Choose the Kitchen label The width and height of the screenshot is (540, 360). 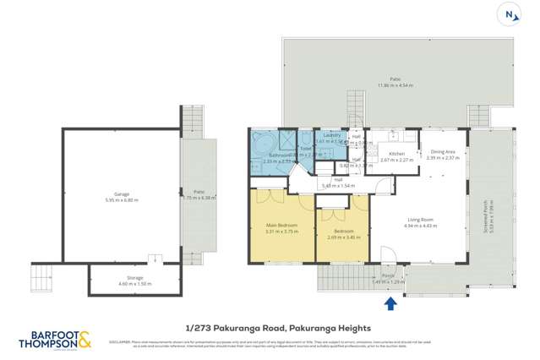point(396,154)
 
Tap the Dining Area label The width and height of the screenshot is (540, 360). point(442,152)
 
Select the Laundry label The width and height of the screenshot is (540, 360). point(332,135)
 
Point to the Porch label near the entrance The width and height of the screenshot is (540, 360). point(388,275)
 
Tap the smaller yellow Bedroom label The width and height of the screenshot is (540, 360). point(343,231)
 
